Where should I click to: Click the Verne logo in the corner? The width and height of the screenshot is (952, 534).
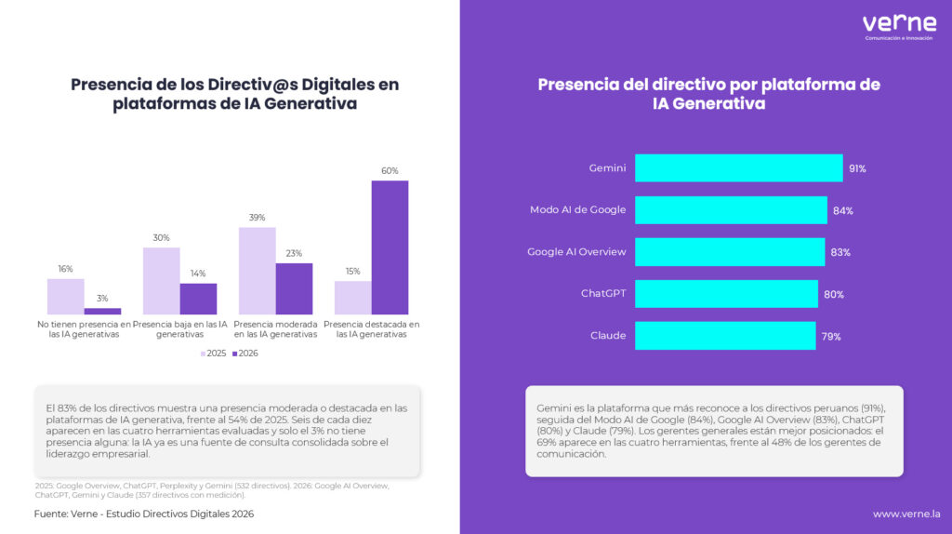899,27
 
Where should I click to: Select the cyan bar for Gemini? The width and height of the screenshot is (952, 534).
739,168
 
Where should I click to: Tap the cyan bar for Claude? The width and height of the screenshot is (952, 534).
725,336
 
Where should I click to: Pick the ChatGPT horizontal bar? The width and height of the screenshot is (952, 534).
726,294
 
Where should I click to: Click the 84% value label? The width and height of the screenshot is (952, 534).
842,211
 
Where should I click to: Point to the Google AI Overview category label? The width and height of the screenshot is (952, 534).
576,251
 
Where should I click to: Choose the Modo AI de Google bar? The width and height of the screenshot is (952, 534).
731,210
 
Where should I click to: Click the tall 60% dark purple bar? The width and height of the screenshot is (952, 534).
390,247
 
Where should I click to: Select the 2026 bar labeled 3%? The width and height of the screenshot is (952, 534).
102,311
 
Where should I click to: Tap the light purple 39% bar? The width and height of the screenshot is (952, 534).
258,271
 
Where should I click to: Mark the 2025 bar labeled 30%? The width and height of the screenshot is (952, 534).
162,281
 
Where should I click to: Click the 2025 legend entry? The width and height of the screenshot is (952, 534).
213,353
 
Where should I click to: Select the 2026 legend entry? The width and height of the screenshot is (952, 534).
245,353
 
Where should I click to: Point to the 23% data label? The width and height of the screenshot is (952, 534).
294,253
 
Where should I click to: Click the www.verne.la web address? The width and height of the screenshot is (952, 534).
906,514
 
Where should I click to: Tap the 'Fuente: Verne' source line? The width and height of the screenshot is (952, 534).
144,514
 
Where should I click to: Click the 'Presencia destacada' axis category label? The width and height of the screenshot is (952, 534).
372,329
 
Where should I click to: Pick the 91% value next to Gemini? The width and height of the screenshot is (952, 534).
857,169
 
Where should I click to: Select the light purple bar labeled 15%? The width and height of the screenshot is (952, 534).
352,298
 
